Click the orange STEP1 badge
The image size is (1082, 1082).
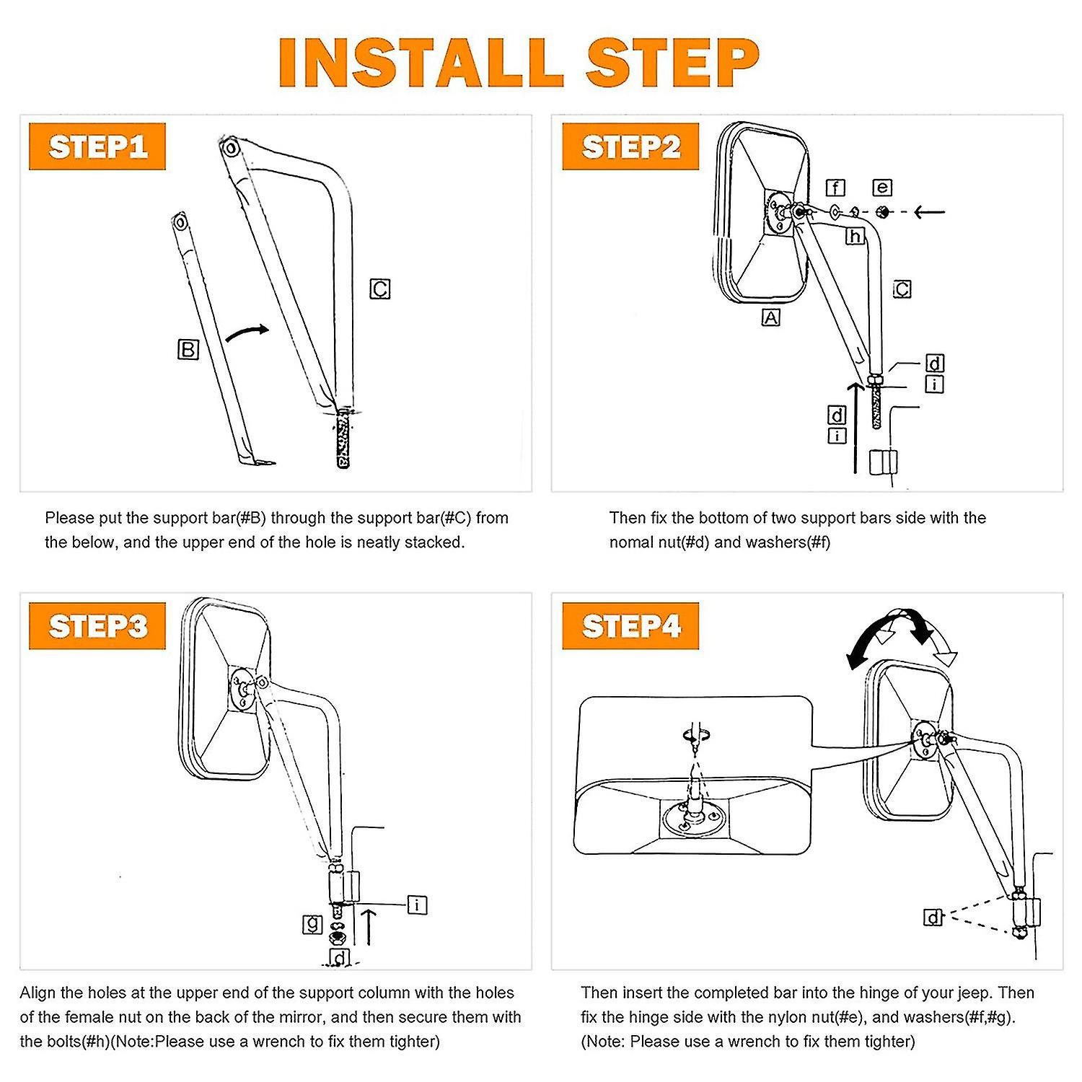click(x=97, y=146)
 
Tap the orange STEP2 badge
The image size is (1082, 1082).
click(x=630, y=146)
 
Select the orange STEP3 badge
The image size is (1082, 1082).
click(x=97, y=626)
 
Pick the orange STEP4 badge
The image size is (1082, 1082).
click(x=630, y=626)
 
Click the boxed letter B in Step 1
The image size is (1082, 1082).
click(x=188, y=350)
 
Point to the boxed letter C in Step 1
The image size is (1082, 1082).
click(x=380, y=289)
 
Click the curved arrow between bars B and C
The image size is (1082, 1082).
click(x=247, y=333)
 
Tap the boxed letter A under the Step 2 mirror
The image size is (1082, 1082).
click(x=770, y=317)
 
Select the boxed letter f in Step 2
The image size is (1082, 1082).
click(x=835, y=188)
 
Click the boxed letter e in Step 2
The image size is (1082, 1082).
click(x=882, y=188)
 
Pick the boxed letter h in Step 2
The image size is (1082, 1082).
click(x=855, y=236)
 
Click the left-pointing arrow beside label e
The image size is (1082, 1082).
click(x=929, y=212)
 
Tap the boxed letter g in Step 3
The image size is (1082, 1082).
click(x=312, y=923)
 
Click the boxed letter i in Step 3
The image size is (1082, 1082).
click(x=417, y=905)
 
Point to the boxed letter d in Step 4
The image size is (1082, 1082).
click(x=933, y=918)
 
